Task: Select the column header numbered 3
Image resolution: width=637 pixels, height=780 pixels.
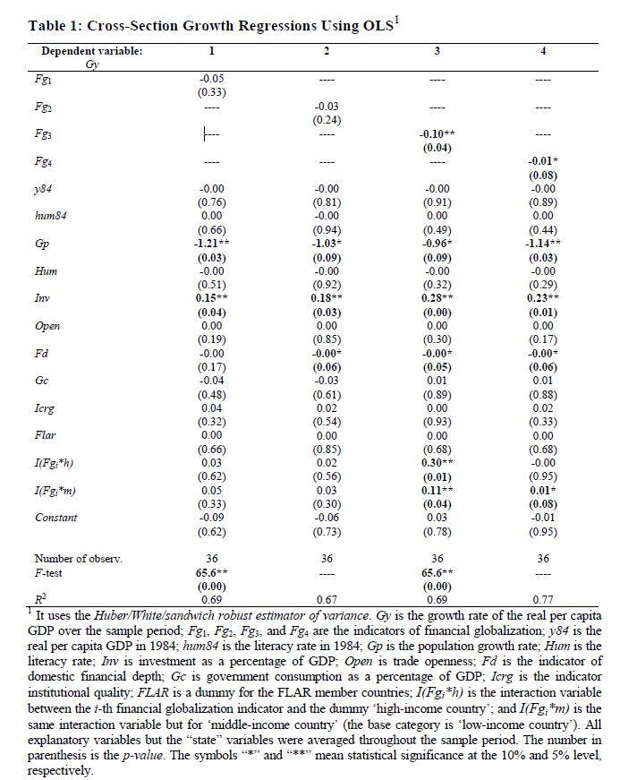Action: point(437,51)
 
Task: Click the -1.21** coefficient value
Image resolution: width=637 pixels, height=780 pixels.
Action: point(211,244)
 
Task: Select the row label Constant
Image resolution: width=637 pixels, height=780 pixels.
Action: point(55,518)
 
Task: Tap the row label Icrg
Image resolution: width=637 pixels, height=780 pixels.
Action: point(45,408)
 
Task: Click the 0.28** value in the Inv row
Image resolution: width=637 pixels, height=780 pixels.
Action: point(437,298)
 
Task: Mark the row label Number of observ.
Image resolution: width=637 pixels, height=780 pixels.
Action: point(79,558)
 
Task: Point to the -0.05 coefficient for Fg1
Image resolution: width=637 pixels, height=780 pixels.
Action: point(211,79)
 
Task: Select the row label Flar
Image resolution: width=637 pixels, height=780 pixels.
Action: point(45,435)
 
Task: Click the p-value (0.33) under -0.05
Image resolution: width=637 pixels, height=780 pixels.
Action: point(211,91)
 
